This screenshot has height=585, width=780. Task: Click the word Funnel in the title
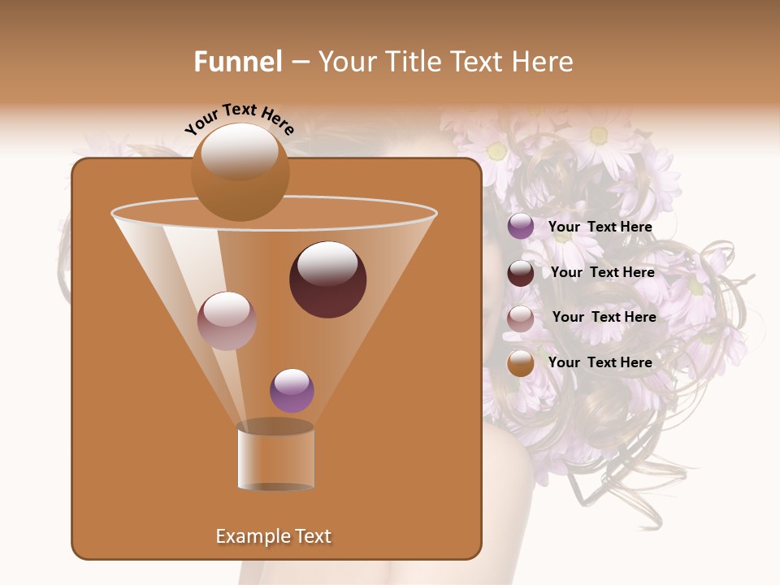click(238, 62)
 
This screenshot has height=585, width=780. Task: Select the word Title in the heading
click(411, 62)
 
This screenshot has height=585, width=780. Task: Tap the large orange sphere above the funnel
click(240, 172)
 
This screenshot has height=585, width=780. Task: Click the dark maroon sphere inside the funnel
click(328, 280)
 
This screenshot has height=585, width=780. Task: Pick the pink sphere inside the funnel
click(227, 321)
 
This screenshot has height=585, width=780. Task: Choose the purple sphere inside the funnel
click(292, 391)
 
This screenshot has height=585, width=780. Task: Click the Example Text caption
click(274, 536)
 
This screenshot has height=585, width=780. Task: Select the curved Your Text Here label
click(240, 119)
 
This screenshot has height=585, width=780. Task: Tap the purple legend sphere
click(521, 227)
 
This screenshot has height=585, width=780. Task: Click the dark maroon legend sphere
click(521, 273)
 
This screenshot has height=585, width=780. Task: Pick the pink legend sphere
click(521, 318)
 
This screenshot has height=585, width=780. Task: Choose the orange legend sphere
click(521, 363)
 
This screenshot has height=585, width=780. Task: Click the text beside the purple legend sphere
click(600, 227)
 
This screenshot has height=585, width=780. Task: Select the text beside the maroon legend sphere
click(602, 272)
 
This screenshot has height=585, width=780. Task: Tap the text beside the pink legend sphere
click(604, 317)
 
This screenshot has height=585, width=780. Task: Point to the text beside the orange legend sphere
click(600, 362)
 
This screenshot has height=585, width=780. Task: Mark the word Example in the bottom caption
click(252, 536)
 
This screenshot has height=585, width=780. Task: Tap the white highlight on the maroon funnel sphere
click(328, 263)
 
